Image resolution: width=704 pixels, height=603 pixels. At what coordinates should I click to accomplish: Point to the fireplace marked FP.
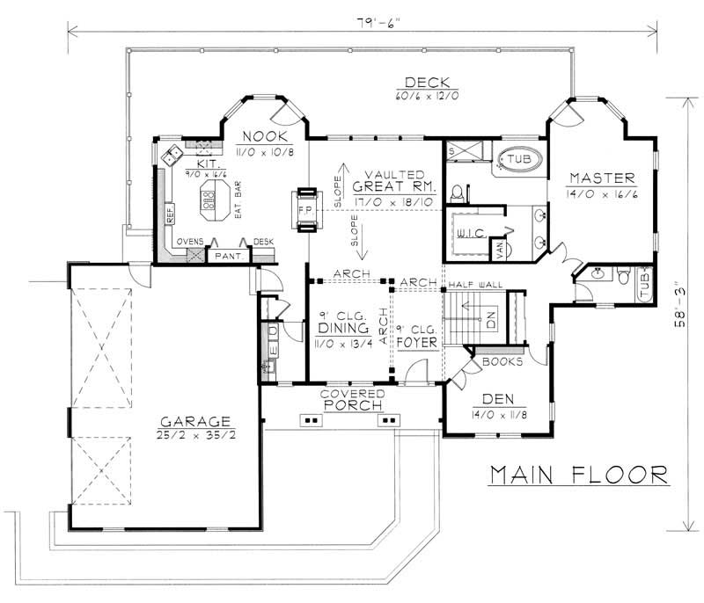(306, 211)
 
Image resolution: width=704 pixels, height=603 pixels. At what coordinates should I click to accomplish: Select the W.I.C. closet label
(468, 233)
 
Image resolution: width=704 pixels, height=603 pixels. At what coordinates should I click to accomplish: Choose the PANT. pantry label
(219, 256)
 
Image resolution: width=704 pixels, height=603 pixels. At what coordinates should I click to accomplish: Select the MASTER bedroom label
(597, 175)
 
